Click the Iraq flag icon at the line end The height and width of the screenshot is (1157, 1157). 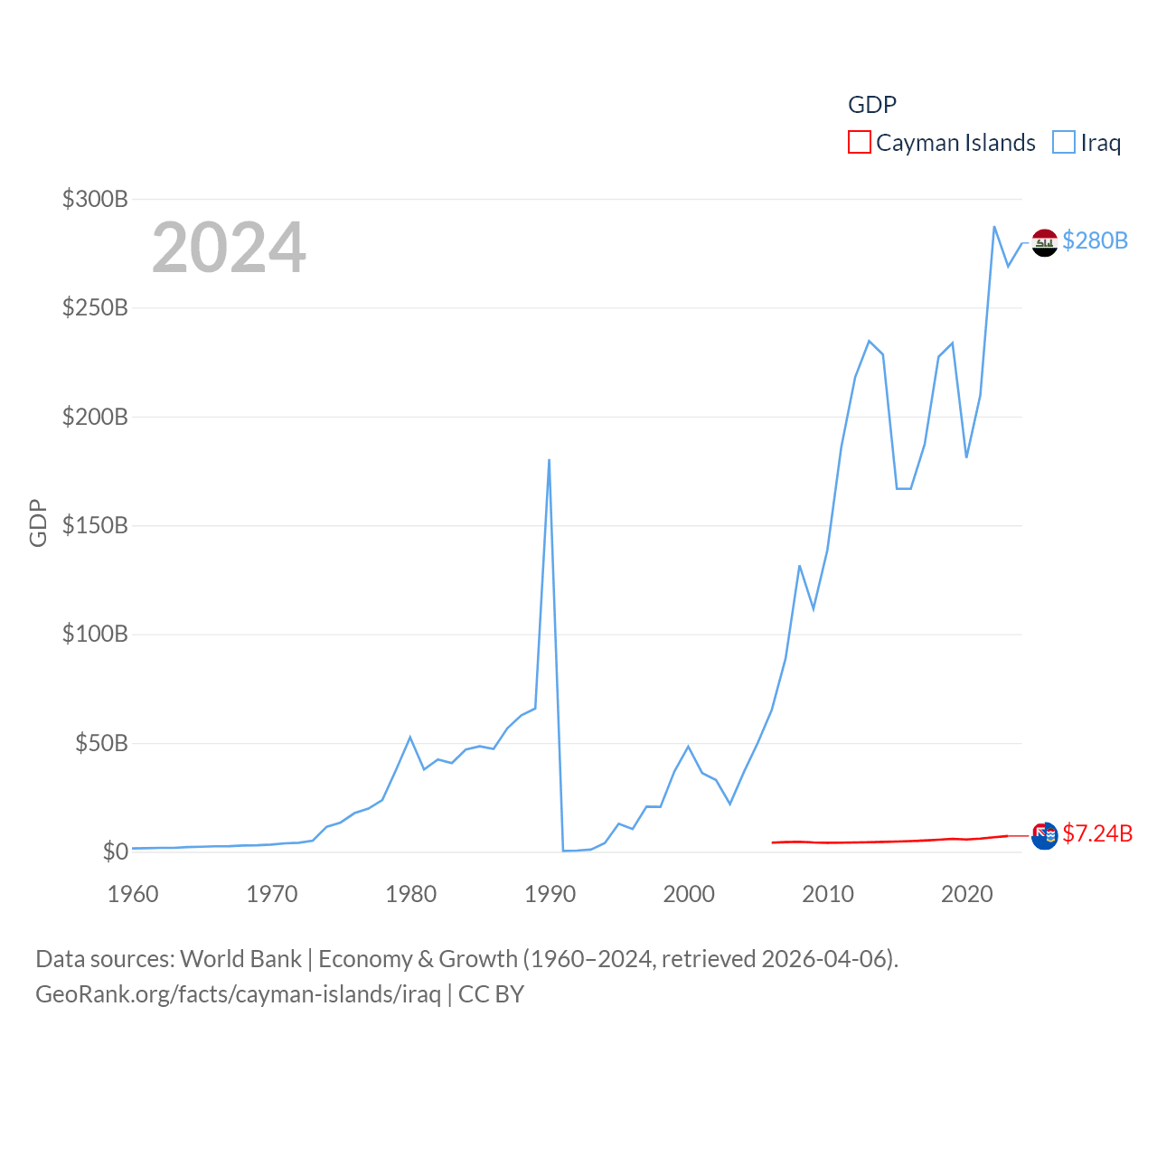coord(1044,242)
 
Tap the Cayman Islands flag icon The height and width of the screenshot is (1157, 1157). coord(1044,835)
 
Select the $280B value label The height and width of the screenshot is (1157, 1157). coord(1095,240)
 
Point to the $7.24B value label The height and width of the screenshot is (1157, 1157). coord(1097,833)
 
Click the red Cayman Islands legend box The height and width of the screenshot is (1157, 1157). coord(859,143)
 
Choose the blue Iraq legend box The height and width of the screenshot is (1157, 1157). coord(1064,143)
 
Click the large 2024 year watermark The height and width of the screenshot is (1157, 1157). coord(229,248)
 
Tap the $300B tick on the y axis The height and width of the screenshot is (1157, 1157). coord(95,199)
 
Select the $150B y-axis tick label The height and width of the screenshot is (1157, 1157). coord(95,525)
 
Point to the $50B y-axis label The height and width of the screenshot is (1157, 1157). coord(101,743)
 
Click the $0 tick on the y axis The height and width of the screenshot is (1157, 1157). coord(115,851)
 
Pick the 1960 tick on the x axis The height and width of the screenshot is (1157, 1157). coord(133,894)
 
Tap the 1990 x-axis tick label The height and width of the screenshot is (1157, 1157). coord(550,894)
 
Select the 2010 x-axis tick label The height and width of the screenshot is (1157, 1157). coord(828,894)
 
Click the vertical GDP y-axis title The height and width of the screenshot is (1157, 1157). coord(38,522)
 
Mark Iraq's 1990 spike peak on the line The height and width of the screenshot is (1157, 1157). coord(549,460)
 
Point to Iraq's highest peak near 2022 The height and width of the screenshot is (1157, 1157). coord(994,227)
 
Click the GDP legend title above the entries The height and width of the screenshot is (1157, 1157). coord(872,105)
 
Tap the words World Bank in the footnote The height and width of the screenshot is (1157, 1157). coord(240,958)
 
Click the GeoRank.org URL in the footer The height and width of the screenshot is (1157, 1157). coord(238,994)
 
